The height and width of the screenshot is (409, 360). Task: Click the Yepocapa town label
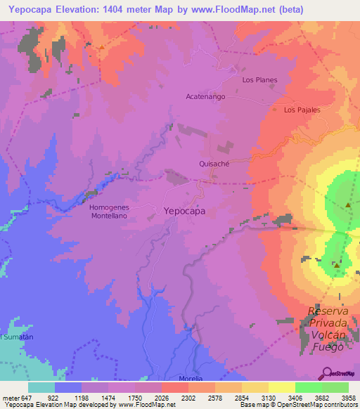[x=184, y=210]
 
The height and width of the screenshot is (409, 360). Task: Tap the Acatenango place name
[x=205, y=96]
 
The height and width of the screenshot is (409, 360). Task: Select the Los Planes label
[x=259, y=80]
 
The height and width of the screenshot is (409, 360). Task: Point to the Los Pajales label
[x=302, y=110]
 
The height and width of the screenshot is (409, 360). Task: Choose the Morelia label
[x=191, y=378]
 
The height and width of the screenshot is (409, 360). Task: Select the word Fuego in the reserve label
[x=328, y=346]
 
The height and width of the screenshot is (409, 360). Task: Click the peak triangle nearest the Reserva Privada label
[x=337, y=266]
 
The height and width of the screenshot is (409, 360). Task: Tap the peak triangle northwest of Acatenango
[x=102, y=47]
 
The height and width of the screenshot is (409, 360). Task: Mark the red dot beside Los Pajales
[x=275, y=109]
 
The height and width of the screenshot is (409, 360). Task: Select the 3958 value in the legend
[x=349, y=398]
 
